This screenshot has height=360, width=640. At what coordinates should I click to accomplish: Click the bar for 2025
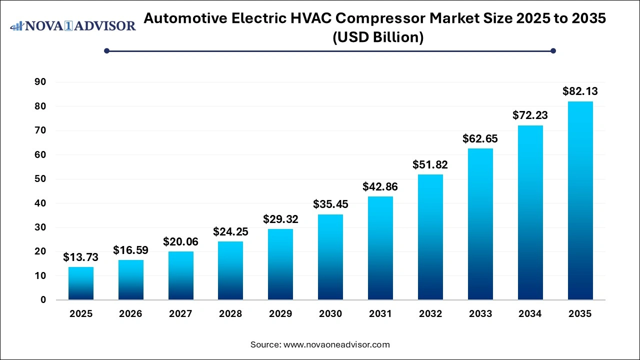click(81, 283)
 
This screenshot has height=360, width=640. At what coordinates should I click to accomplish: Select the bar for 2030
click(330, 257)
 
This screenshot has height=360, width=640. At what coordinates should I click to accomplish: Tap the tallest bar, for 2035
click(580, 200)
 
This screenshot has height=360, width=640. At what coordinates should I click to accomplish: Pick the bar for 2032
click(430, 237)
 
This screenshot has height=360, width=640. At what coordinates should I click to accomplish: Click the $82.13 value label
click(580, 91)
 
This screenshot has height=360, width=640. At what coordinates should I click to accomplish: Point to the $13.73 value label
click(81, 257)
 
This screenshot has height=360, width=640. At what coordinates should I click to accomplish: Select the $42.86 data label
click(380, 187)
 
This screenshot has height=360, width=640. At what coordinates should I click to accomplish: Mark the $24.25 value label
click(230, 232)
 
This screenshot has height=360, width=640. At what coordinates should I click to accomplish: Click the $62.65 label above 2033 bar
click(480, 138)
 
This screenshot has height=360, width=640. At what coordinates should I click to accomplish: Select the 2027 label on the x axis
click(180, 314)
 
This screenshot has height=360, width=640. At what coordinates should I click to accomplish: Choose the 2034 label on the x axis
click(530, 314)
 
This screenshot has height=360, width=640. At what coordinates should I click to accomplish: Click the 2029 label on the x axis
click(280, 314)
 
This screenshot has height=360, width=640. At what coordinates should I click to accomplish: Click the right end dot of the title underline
click(553, 50)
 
